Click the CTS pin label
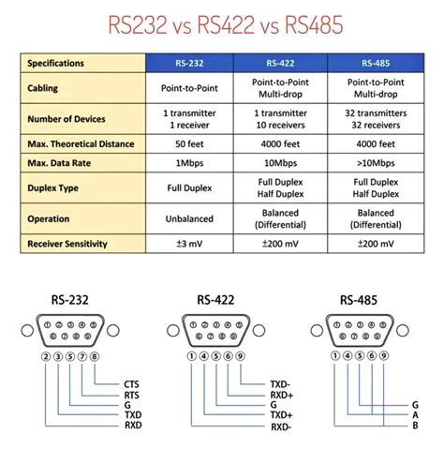pos(131,384)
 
